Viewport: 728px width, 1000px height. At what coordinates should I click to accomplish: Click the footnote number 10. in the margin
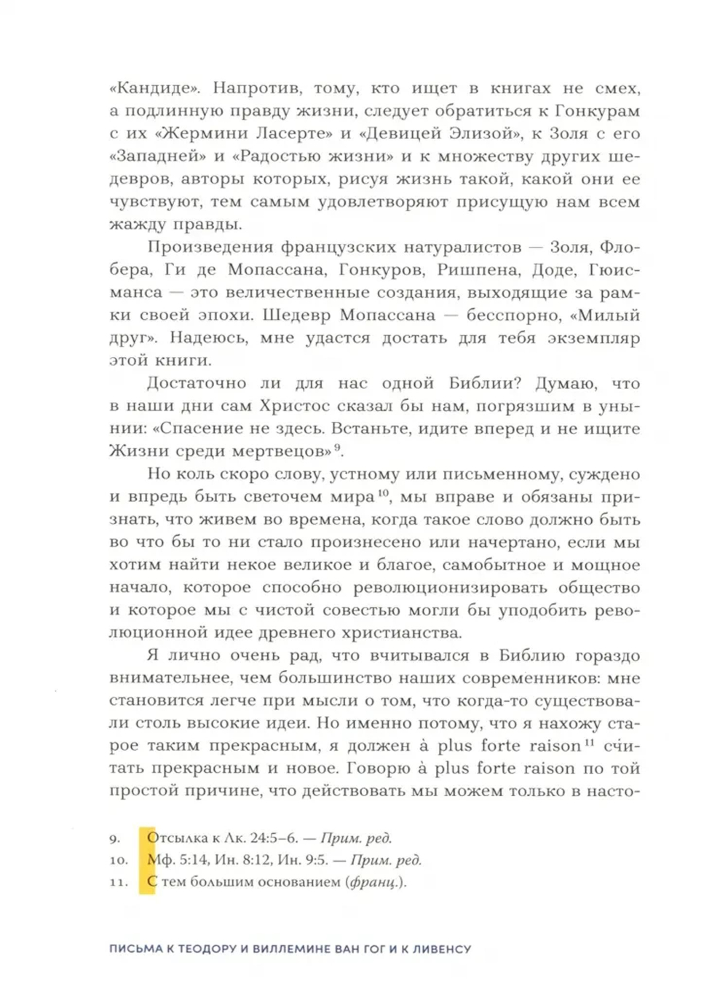(119, 860)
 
